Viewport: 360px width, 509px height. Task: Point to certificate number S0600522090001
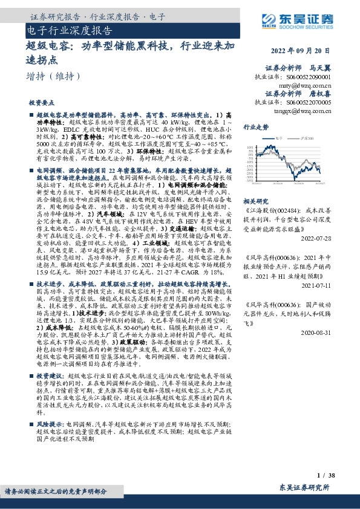301,78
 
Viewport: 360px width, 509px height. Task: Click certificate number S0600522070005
301,103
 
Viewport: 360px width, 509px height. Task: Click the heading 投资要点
50,103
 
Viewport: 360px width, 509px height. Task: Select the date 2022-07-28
313,238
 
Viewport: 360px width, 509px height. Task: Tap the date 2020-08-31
313,332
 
